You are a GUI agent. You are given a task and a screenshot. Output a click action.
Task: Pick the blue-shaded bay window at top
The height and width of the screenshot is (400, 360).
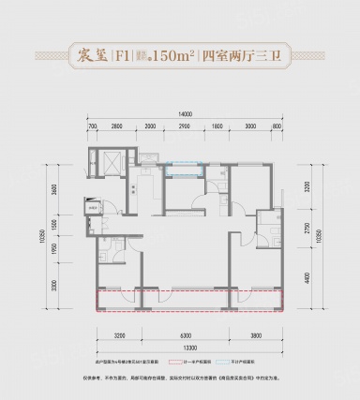tap(183, 170)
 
